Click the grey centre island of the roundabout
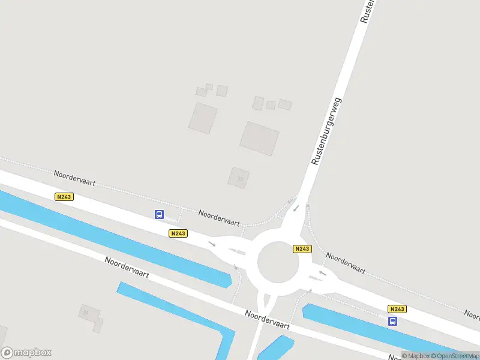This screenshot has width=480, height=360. tap(278, 262)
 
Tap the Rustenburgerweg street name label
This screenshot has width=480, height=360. tap(326, 131)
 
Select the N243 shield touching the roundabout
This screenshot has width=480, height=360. tap(302, 248)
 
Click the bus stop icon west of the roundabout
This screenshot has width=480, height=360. tap(160, 214)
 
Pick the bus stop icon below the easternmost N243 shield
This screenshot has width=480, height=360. tap(393, 321)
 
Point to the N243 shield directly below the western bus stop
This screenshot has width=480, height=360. tap(178, 233)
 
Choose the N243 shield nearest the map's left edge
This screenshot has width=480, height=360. tap(64, 197)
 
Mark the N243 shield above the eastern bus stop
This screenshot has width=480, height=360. tap(397, 309)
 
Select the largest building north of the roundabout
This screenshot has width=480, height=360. tap(260, 138)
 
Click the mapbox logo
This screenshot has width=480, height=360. tap(26, 353)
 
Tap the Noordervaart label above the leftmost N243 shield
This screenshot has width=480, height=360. tap(74, 179)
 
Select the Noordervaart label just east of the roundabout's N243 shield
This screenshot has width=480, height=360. tap(345, 263)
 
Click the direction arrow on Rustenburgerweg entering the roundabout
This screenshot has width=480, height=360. tap(296, 208)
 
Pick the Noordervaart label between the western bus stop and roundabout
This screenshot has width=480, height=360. tap(220, 217)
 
